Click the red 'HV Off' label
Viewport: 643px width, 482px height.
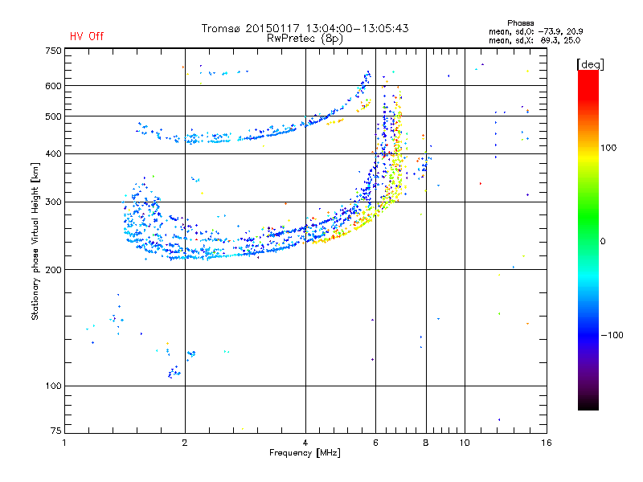click(x=87, y=36)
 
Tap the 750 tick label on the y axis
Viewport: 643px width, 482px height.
click(x=53, y=51)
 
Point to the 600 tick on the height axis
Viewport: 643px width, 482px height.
click(x=53, y=85)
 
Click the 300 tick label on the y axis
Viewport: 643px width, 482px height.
click(x=53, y=202)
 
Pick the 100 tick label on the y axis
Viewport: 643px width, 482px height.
click(x=53, y=386)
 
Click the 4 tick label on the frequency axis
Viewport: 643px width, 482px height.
click(x=305, y=443)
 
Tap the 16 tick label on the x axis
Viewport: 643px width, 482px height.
click(x=545, y=443)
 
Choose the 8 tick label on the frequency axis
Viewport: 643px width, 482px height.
click(x=426, y=443)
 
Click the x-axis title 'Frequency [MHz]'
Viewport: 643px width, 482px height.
click(x=305, y=453)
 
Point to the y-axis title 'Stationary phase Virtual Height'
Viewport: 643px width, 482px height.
click(x=35, y=241)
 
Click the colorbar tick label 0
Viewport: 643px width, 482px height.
click(x=603, y=241)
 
